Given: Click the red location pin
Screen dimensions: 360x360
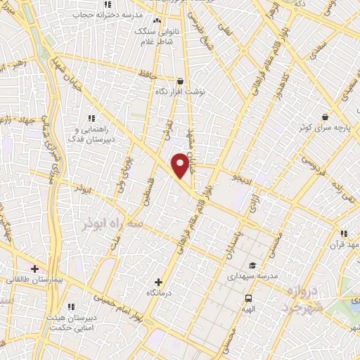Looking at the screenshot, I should pos(181,165).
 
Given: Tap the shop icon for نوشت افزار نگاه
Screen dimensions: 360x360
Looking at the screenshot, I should pos(181,81).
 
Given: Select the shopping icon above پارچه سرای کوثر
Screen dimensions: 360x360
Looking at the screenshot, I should pos(325,117).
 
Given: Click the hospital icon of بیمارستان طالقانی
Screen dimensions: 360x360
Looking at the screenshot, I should pos(34,269).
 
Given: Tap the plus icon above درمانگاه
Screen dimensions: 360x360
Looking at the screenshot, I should pos(158,281).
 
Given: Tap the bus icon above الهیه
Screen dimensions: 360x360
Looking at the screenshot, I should pos(247,297).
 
